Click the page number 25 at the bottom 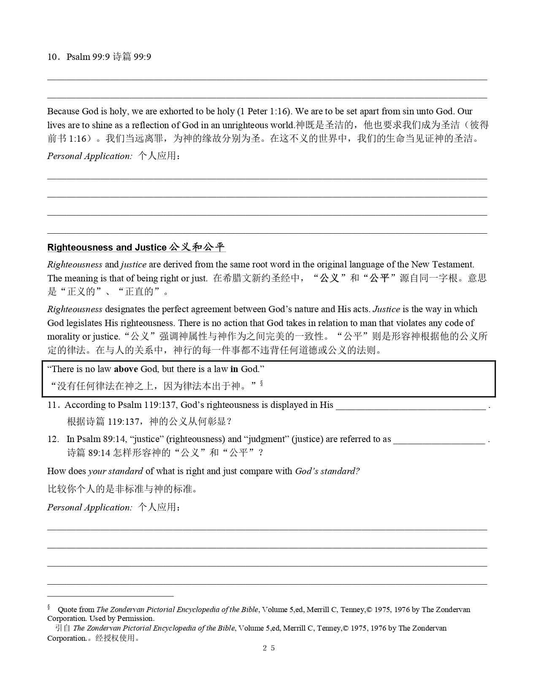point(268,648)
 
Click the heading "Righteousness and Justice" point(107,248)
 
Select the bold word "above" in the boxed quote point(126,369)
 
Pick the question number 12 point(53,439)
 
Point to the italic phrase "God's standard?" point(327,471)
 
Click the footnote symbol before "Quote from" point(49,608)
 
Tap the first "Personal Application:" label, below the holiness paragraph point(89,156)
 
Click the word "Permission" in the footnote point(135,618)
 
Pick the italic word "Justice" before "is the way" point(387,309)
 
